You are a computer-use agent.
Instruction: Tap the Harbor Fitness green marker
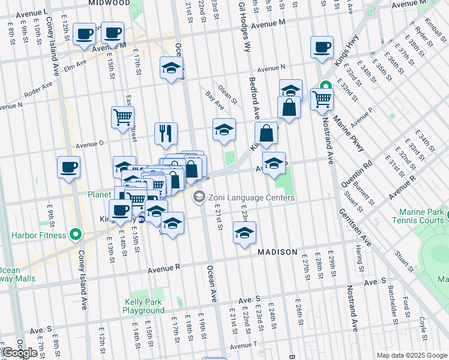click(x=75, y=235)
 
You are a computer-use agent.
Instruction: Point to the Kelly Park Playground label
click(x=143, y=306)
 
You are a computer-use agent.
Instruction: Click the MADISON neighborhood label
click(x=277, y=252)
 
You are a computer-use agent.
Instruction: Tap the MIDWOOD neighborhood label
click(x=109, y=3)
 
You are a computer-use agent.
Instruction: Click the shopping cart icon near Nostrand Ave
click(x=322, y=98)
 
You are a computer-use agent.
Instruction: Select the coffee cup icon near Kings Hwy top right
click(x=322, y=46)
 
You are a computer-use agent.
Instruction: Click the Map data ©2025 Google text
click(x=411, y=355)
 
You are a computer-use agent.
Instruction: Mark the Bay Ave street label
click(x=215, y=100)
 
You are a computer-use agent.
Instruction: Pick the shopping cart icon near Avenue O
click(x=123, y=118)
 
